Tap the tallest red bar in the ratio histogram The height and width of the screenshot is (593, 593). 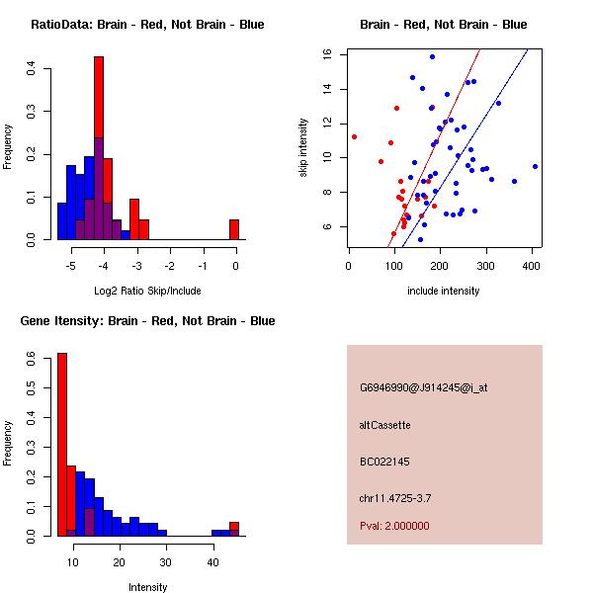(99, 148)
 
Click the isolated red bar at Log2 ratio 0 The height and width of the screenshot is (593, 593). (234, 229)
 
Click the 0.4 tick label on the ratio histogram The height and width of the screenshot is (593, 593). (33, 69)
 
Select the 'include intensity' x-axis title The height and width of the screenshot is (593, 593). (443, 291)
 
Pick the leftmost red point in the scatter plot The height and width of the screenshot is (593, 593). (354, 136)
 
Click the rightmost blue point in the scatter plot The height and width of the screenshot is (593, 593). (535, 166)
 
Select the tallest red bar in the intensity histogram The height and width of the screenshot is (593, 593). (62, 444)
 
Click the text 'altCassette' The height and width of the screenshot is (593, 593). (384, 425)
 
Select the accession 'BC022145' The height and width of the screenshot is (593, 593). (382, 461)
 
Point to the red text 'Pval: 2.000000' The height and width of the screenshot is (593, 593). (394, 526)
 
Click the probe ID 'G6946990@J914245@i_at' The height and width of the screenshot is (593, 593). (423, 387)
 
